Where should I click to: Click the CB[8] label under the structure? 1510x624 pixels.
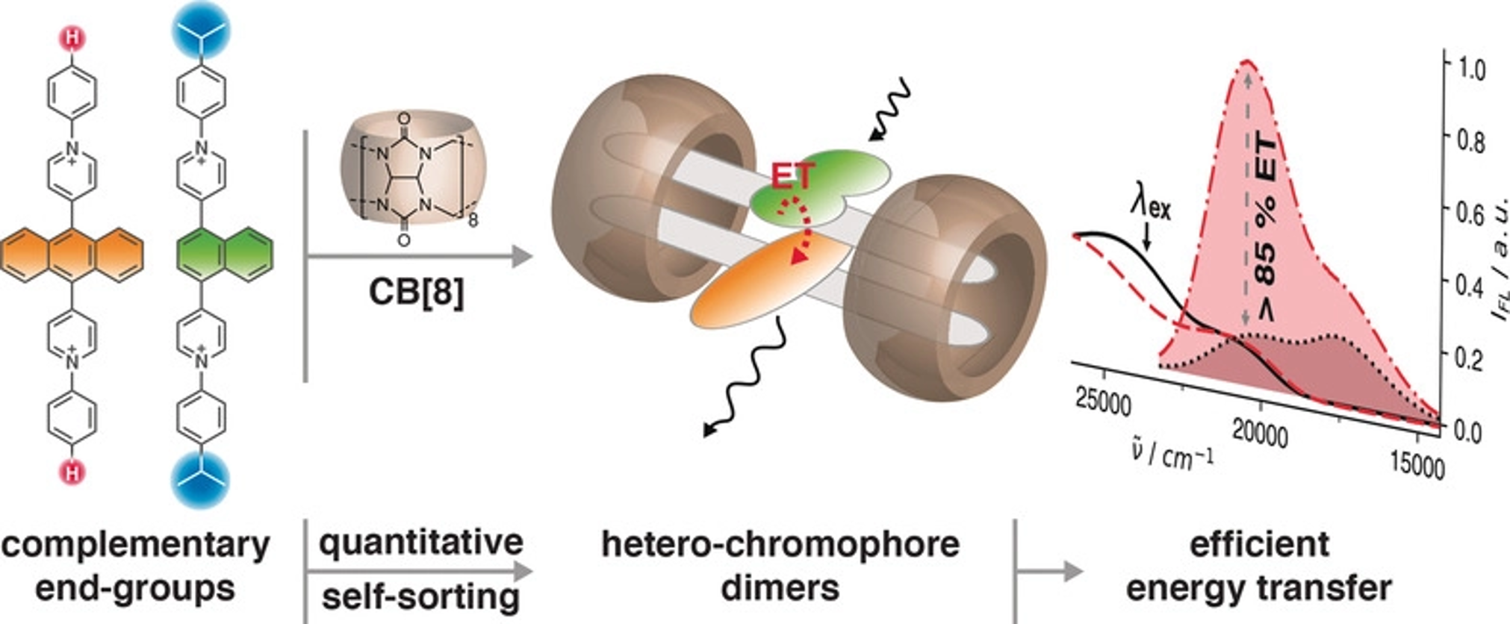point(416,292)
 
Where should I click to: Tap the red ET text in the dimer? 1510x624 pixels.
point(793,178)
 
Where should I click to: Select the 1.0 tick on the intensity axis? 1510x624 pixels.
point(1470,69)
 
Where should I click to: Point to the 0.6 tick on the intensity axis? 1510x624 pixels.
point(1470,213)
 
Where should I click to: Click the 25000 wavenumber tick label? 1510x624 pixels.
point(1103,404)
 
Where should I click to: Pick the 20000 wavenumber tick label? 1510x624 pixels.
point(1259,434)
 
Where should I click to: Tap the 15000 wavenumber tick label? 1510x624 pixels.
point(1417,465)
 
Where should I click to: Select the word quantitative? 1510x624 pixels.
point(420,542)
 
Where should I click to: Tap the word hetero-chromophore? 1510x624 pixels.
point(780,543)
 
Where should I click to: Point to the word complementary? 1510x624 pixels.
point(135,545)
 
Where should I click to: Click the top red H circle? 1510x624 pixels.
point(72,38)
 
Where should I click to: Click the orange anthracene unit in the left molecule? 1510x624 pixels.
point(72,255)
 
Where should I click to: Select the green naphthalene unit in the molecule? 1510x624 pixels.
point(225,255)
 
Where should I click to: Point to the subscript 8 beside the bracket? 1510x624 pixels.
point(472,221)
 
